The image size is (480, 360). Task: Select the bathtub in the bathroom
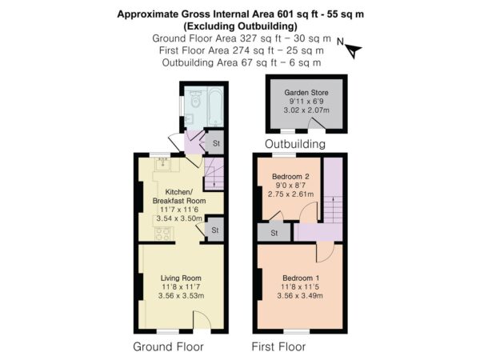(215, 106)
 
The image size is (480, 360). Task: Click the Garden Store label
(306, 93)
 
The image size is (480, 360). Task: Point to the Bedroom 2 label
(290, 176)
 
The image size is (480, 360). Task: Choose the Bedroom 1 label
(301, 278)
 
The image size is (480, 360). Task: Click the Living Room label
(181, 278)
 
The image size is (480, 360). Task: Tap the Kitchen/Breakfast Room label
(179, 196)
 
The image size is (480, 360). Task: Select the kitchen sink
(162, 164)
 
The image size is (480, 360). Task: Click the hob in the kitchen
(162, 234)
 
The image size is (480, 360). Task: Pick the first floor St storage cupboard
(274, 233)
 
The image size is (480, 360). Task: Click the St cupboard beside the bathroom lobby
(214, 142)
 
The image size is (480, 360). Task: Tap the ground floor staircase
(214, 174)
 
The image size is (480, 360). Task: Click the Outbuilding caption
(294, 144)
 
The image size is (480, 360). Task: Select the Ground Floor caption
(168, 347)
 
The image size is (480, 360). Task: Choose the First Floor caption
(278, 347)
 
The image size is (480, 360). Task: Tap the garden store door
(316, 124)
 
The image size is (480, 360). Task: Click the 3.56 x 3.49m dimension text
(300, 296)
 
